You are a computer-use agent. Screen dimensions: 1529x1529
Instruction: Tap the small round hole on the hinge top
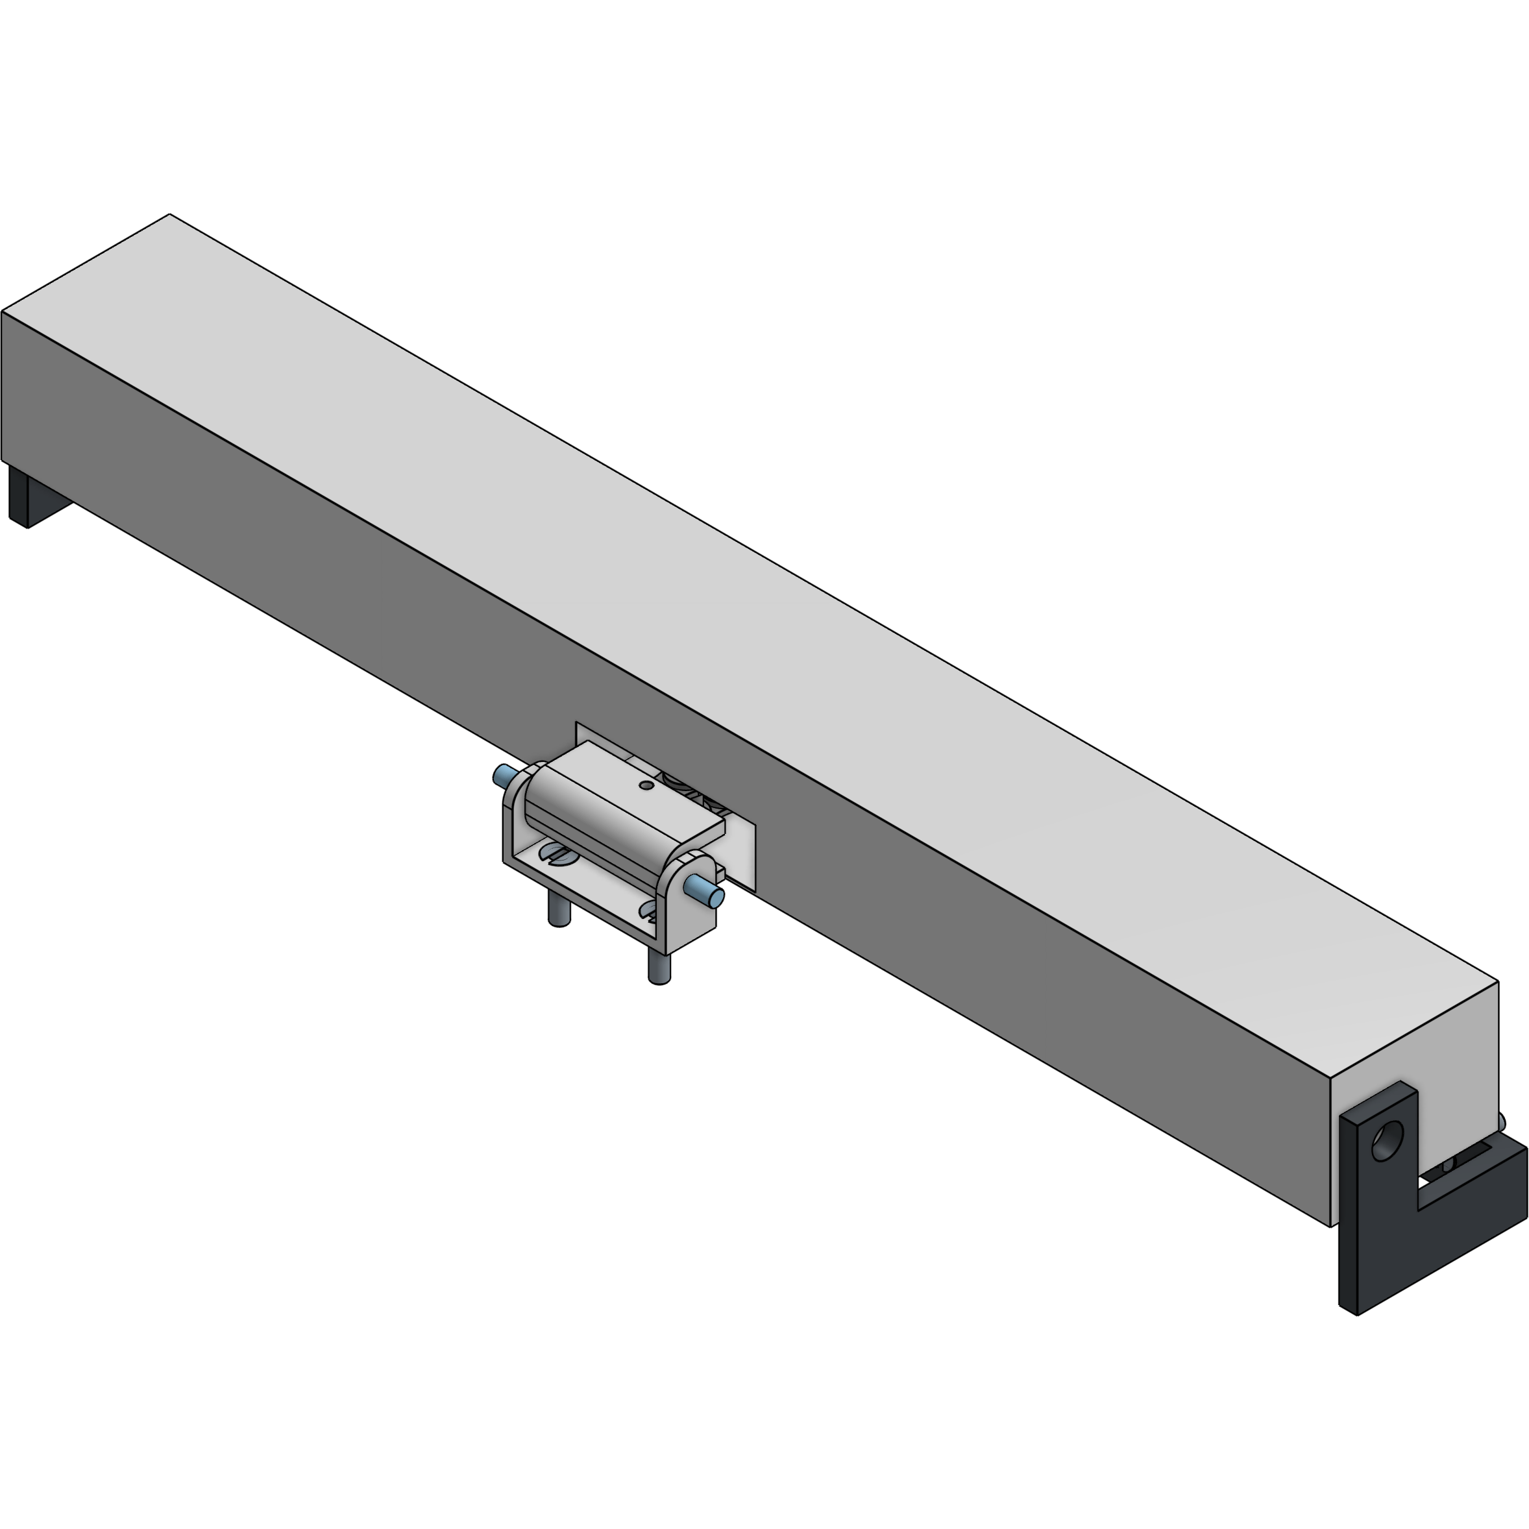coord(646,785)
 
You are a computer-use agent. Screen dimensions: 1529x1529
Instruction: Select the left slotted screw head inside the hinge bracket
coord(556,854)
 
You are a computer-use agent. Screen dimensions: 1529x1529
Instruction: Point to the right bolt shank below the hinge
coord(659,967)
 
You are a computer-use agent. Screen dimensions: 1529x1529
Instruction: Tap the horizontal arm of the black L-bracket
coord(1464,1203)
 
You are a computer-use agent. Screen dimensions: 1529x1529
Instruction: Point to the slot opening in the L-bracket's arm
coord(1456,1169)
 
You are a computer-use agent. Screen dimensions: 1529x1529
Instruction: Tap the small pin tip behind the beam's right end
coord(1501,1122)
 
